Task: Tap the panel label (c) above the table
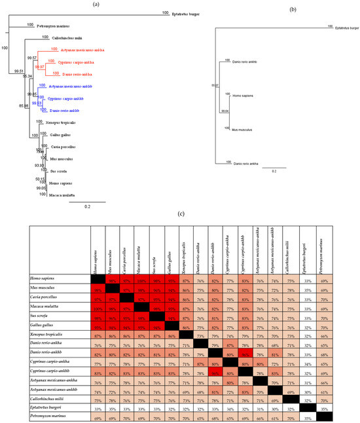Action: [180, 211]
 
